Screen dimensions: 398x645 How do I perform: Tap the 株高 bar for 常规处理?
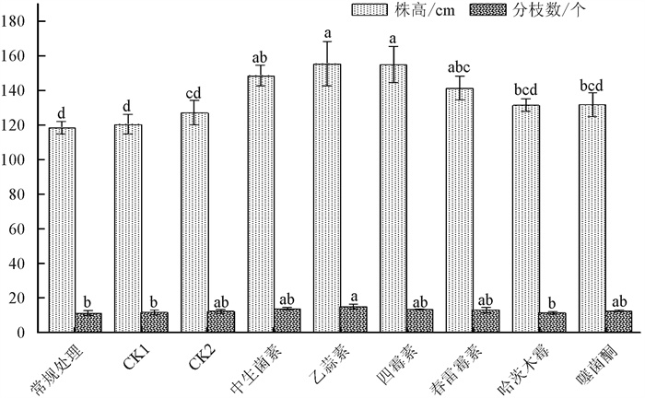pyautogui.click(x=62, y=229)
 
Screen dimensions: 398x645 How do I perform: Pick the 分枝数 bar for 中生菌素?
pyautogui.click(x=287, y=321)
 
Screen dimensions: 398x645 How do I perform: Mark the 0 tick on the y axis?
pyautogui.click(x=32, y=332)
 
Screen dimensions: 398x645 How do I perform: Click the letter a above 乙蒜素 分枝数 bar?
pyautogui.click(x=354, y=297)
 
